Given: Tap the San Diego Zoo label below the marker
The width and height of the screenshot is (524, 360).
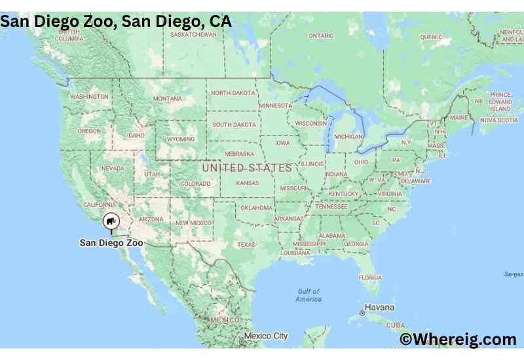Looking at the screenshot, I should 111,243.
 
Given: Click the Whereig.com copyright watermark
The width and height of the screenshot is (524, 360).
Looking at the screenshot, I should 458,339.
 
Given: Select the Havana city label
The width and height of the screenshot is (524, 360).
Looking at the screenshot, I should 379,308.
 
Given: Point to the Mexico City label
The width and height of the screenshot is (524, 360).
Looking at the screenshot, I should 266,336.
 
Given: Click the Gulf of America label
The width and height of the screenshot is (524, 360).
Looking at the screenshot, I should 309,295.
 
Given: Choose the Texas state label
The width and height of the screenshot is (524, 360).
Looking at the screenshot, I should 246,245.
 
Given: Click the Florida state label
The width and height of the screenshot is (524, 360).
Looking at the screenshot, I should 370,278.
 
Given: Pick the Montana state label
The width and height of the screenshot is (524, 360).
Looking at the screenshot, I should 167,99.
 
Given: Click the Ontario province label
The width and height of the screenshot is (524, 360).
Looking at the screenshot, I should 321,35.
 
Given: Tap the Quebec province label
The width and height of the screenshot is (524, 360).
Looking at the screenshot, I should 431,37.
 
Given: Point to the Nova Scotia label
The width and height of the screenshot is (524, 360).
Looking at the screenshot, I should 498,120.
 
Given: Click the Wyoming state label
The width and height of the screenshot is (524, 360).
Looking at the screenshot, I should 181,139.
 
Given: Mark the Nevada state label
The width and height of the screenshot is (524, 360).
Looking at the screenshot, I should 112,168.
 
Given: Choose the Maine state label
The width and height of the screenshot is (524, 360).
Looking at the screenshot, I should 458,118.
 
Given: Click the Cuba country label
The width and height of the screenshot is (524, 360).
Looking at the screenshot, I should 396,325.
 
